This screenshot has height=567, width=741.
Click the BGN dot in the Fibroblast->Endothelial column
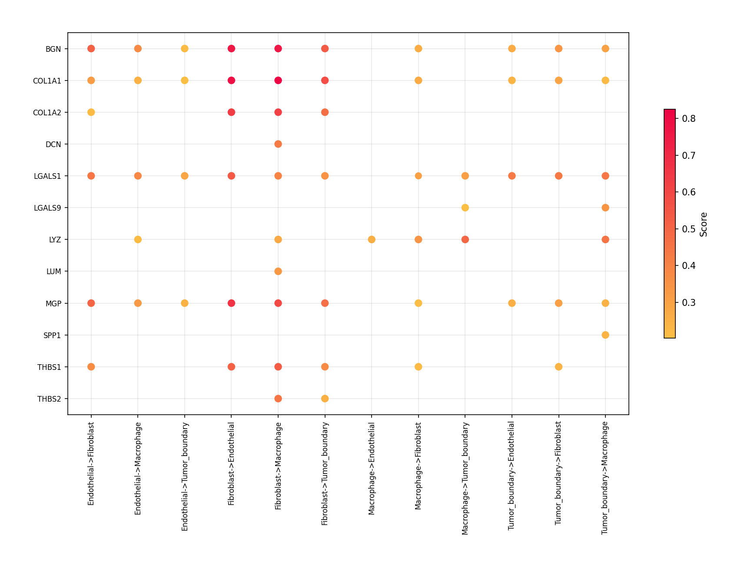231,48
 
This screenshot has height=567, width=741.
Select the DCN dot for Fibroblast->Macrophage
278,144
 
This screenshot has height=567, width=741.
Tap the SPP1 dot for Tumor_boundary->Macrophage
605,335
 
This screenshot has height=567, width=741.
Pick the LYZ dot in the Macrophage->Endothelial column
372,239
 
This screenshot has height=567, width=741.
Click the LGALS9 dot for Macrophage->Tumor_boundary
465,208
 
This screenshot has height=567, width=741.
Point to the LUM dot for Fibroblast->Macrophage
278,271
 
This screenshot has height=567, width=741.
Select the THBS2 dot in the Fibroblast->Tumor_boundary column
325,399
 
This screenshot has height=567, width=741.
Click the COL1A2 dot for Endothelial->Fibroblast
91,112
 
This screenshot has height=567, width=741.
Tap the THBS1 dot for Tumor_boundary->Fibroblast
558,367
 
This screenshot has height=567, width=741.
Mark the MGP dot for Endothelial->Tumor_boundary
184,303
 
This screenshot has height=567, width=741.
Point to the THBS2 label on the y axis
49,399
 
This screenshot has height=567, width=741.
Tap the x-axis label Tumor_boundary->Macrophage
605,478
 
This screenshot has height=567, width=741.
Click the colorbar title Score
704,225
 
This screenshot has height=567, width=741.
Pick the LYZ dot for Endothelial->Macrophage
138,239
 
